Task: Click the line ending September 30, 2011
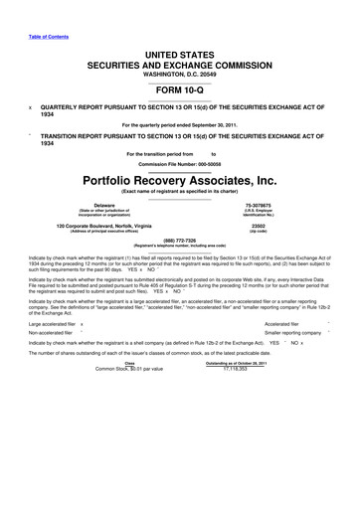(x=179, y=125)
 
